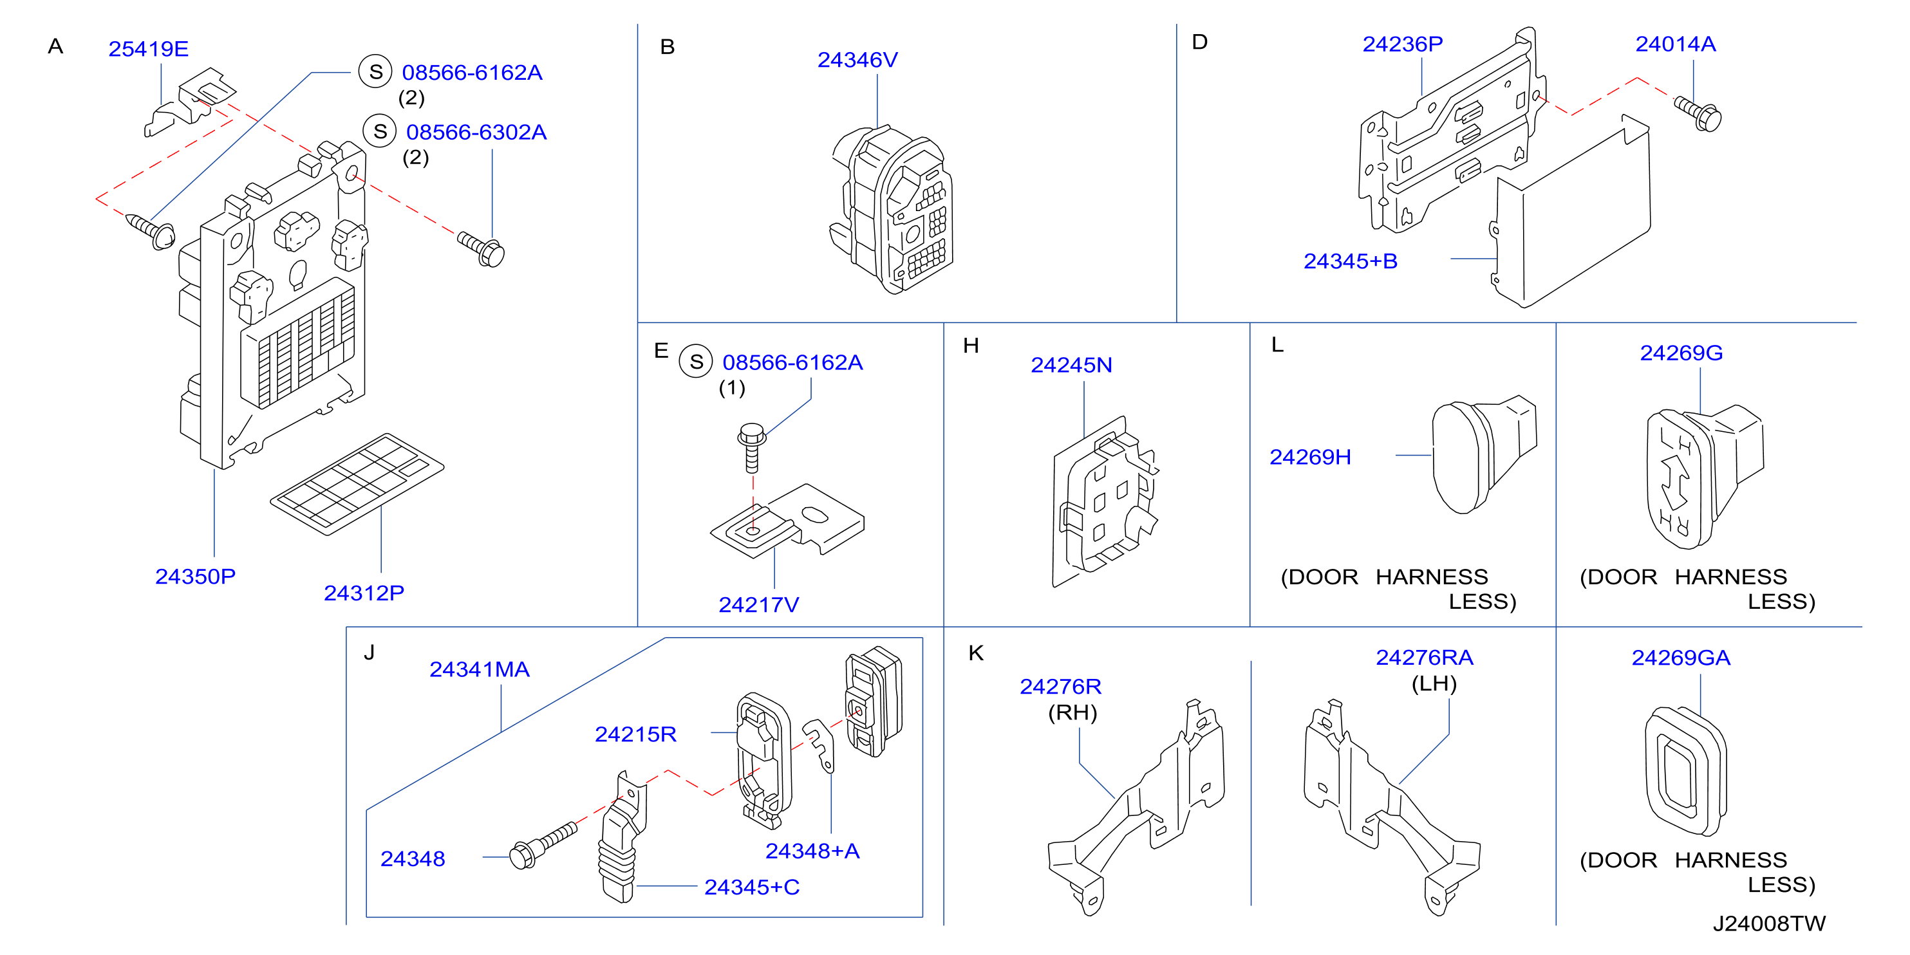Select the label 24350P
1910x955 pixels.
[x=195, y=576]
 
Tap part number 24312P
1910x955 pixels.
[x=364, y=593]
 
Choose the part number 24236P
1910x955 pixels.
[x=1403, y=44]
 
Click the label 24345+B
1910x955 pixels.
[x=1351, y=261]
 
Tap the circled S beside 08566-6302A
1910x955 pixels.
[x=380, y=131]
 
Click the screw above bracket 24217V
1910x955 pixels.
[x=752, y=448]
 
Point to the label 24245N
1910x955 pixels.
[x=1071, y=365]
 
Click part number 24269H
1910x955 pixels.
[x=1310, y=457]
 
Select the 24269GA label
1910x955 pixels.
[x=1681, y=658]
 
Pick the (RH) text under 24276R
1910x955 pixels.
[x=1072, y=712]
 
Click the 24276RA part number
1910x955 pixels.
[x=1425, y=658]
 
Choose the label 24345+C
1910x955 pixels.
[x=752, y=887]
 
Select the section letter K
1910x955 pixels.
[x=976, y=653]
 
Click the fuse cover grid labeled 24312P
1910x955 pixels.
[x=357, y=483]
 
